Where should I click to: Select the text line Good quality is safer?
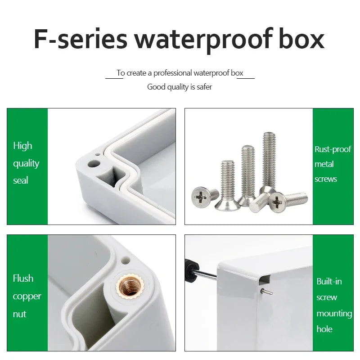pyautogui.click(x=180, y=87)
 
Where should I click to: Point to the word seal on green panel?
pyautogui.click(x=21, y=180)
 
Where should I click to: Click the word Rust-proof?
pyautogui.click(x=333, y=149)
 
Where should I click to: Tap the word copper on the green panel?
pyautogui.click(x=27, y=297)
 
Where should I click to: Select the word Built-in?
pyautogui.click(x=329, y=282)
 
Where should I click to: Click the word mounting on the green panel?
pyautogui.click(x=334, y=314)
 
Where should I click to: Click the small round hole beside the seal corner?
pyautogui.click(x=96, y=161)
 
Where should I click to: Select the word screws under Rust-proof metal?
pyautogui.click(x=326, y=179)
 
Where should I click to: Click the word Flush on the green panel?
pyautogui.click(x=23, y=279)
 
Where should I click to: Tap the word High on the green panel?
pyautogui.click(x=22, y=146)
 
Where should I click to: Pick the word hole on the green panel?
pyautogui.click(x=324, y=329)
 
